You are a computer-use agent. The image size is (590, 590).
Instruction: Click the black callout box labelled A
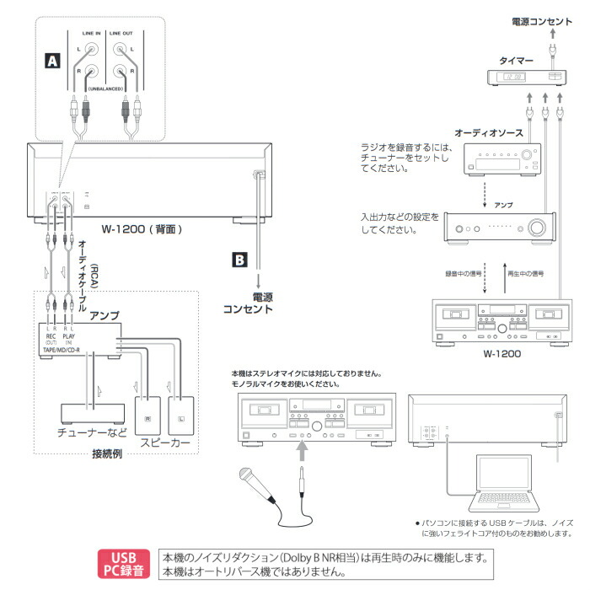point(52,61)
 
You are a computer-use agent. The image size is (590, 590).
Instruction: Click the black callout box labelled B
point(240,260)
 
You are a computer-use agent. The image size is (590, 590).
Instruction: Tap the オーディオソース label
point(489,133)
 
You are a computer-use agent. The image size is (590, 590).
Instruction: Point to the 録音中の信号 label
point(464,274)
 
